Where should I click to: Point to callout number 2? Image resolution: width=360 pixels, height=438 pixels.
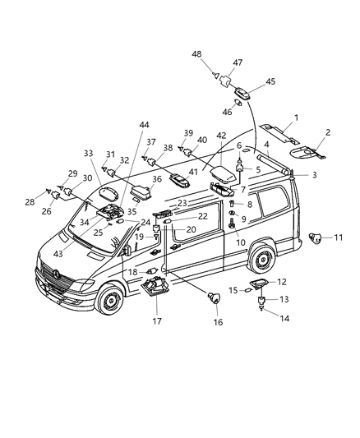tap(327, 132)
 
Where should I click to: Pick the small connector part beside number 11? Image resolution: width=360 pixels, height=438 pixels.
tap(314, 239)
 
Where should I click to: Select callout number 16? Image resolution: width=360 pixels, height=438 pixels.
tap(219, 323)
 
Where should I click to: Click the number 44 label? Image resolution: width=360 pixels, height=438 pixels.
tap(145, 124)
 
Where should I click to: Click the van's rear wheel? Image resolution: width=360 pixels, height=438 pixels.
tap(262, 260)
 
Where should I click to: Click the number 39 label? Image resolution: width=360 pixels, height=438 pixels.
tap(187, 132)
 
